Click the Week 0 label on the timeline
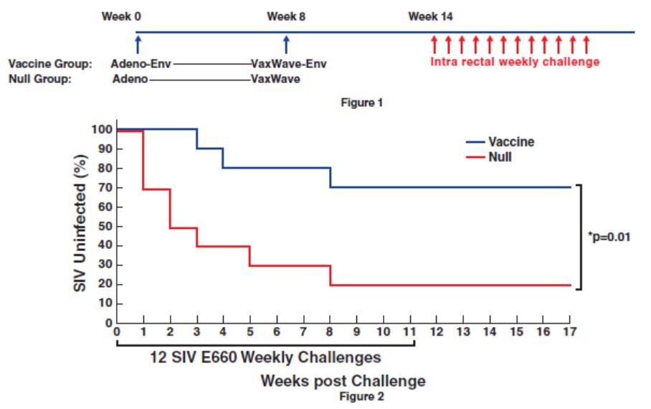tap(120, 15)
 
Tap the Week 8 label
tap(286, 15)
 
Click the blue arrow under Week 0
tap(138, 44)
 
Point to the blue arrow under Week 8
tap(286, 44)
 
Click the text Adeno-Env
tap(142, 64)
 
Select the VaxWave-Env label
tap(288, 64)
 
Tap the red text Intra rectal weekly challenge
tap(515, 62)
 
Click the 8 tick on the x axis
tap(330, 332)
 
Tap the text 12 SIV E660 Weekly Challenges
tap(263, 357)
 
